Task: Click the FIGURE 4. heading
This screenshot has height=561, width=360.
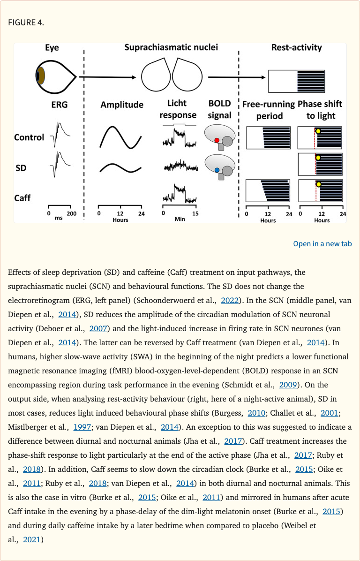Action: [26, 23]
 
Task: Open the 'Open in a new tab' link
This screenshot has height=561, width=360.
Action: [322, 243]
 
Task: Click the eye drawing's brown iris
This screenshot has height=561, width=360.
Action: [41, 76]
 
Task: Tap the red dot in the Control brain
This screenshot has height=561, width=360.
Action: [217, 140]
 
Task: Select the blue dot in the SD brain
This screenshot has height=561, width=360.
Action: [217, 170]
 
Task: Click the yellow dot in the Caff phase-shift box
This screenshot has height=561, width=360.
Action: [319, 184]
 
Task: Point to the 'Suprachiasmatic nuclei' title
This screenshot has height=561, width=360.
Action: [171, 47]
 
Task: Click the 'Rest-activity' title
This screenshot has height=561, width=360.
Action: [296, 47]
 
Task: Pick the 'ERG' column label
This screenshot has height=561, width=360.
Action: [60, 105]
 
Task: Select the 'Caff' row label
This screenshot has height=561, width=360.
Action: [22, 197]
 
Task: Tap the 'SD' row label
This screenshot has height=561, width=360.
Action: [20, 167]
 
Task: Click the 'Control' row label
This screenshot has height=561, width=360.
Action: [29, 137]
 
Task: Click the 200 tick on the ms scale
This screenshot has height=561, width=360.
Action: [71, 213]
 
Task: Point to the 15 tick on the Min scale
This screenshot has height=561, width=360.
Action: [195, 213]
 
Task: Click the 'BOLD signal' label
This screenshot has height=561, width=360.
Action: [220, 109]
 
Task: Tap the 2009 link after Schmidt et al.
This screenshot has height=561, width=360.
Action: [287, 385]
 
